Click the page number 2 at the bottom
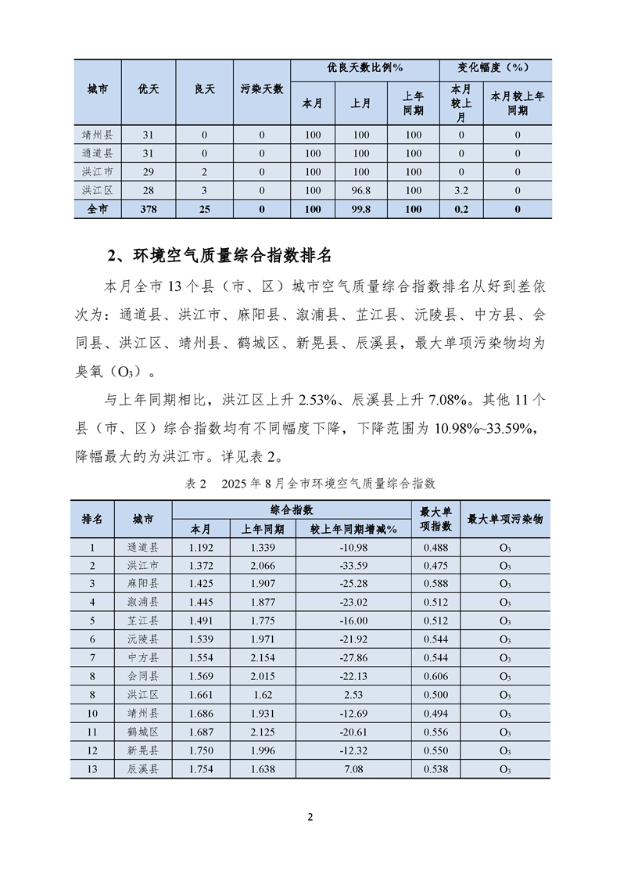(310, 818)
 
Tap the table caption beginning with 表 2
(310, 484)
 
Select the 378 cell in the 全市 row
(149, 209)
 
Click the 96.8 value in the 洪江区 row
(360, 190)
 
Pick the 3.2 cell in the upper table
(461, 190)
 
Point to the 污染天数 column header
(261, 90)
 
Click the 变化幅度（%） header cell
(494, 69)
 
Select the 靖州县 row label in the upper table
(98, 135)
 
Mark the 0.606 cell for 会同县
(435, 677)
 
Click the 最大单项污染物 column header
(505, 519)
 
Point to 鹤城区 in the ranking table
(142, 732)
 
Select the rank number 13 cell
(92, 769)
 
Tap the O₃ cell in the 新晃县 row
(505, 751)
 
